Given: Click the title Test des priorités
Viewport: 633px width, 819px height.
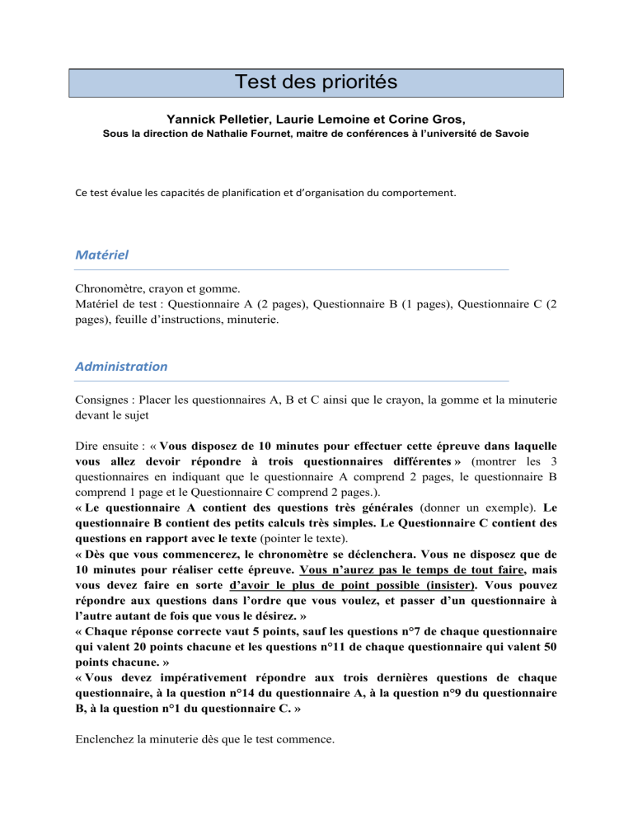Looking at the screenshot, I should (x=316, y=83).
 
